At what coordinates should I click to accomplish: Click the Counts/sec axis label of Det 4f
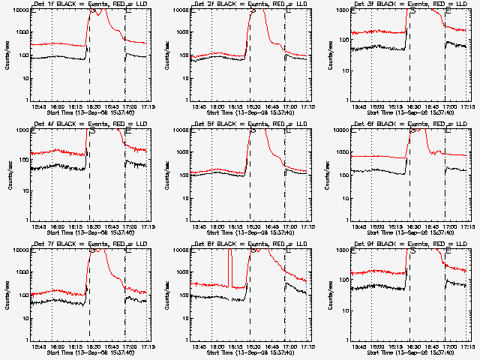click(9, 174)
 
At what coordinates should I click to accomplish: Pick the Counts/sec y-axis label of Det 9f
click(329, 294)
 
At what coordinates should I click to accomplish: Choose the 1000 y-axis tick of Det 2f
click(183, 34)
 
